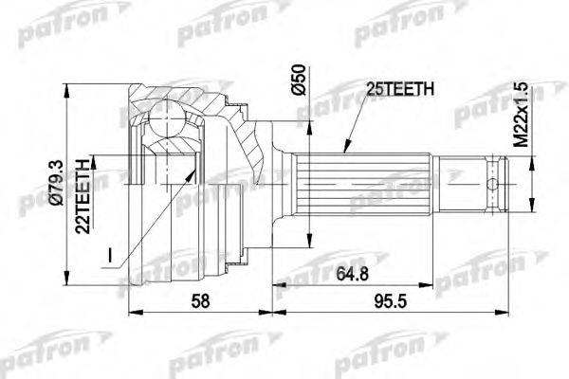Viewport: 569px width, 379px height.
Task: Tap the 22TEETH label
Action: (83, 196)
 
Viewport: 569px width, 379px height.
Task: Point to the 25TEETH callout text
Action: (400, 89)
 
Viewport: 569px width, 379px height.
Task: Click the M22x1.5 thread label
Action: (522, 114)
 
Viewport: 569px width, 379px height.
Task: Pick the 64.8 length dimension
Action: (352, 274)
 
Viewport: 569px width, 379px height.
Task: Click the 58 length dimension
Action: (200, 301)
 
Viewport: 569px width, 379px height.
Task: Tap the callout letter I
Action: (110, 255)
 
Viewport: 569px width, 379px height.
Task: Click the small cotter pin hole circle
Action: (492, 184)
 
